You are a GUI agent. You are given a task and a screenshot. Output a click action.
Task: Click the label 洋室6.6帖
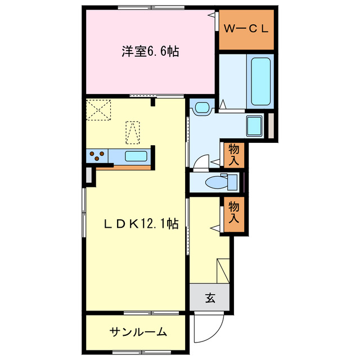tap(150, 52)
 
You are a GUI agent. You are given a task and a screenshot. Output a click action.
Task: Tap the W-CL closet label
tap(246, 28)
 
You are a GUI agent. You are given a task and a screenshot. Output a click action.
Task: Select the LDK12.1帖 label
tap(141, 224)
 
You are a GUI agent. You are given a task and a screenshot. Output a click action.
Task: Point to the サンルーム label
tap(138, 332)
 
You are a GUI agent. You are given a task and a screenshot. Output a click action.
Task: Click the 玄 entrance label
tap(209, 298)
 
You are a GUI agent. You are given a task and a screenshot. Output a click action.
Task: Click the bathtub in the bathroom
tap(262, 82)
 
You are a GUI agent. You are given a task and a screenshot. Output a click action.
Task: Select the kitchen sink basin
tap(136, 156)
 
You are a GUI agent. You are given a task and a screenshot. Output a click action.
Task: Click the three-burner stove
tap(97, 156)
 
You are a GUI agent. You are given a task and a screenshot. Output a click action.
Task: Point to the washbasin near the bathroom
tap(201, 107)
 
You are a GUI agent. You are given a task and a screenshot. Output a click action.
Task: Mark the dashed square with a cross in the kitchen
tap(97, 109)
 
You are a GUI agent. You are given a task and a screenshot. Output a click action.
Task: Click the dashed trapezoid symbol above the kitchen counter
tap(132, 132)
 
